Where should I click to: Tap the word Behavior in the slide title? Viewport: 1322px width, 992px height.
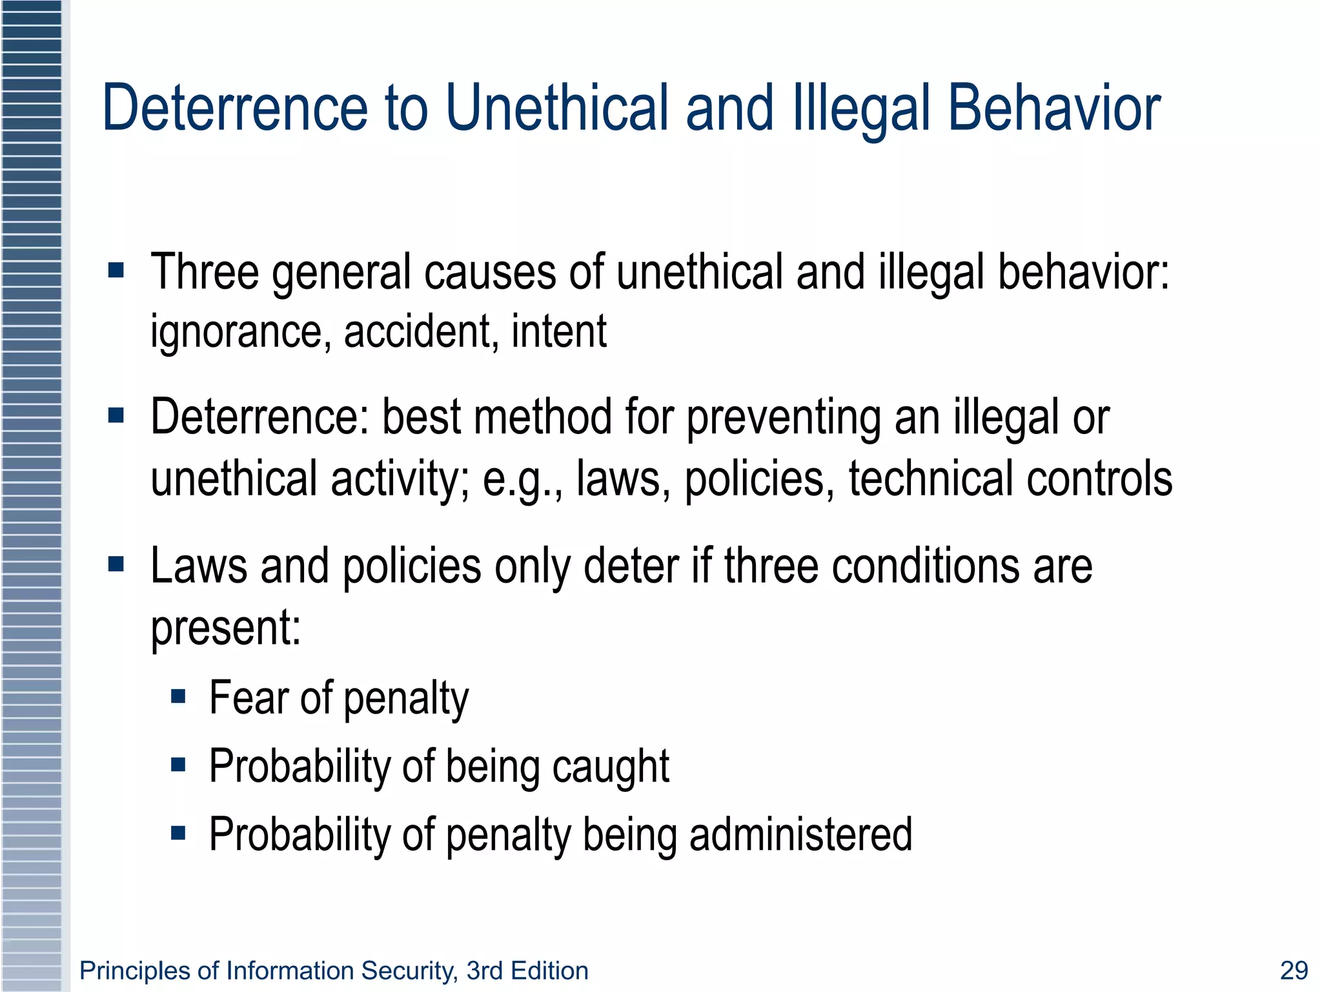1053,108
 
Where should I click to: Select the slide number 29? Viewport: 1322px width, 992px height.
1294,971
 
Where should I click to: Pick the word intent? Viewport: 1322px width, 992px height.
559,332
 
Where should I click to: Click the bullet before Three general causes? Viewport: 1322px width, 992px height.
116,270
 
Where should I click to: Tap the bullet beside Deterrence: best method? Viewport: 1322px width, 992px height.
116,415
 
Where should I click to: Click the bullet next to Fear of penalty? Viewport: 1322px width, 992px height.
179,696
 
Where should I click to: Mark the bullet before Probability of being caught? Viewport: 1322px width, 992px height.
179,765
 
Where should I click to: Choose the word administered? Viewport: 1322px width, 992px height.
800,834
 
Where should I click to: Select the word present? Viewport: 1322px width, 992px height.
226,628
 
